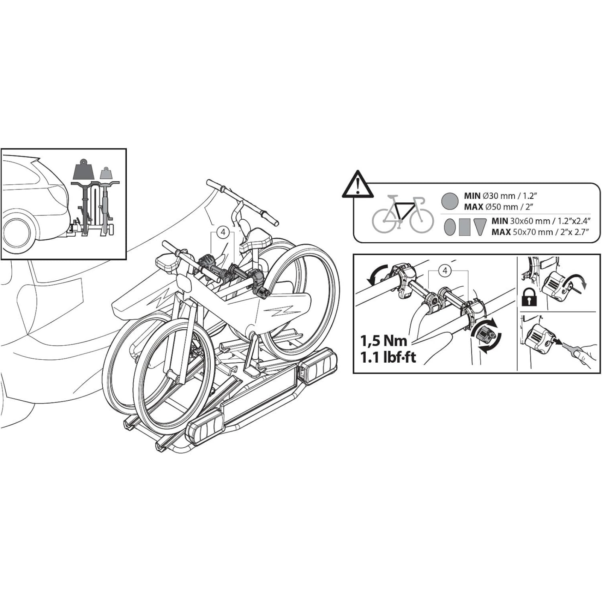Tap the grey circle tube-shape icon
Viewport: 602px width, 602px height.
pos(450,201)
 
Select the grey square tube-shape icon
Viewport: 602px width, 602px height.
pos(465,227)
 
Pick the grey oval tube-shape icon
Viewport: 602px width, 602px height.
pos(450,227)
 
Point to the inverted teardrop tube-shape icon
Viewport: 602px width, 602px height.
pos(480,227)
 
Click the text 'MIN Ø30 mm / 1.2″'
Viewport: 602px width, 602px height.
pos(499,196)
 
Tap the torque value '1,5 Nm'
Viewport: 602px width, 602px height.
pos(384,341)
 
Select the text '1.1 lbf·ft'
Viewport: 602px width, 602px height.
pos(388,357)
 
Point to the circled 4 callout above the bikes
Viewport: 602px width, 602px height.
pos(223,232)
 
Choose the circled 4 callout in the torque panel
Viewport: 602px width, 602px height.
pos(445,271)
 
